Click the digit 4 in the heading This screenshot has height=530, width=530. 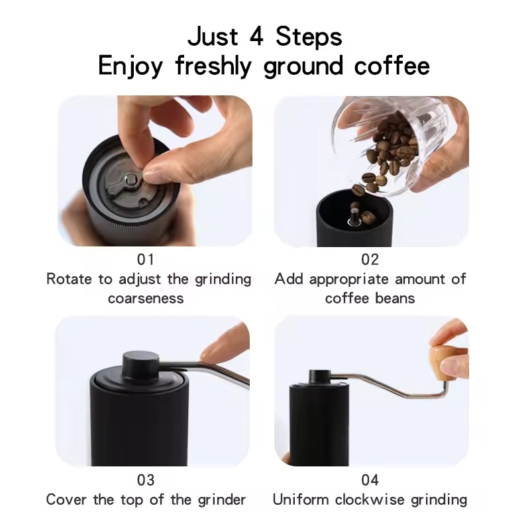(256, 36)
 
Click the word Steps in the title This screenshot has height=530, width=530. (309, 36)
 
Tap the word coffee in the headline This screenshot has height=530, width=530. (392, 66)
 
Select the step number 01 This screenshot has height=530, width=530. (146, 260)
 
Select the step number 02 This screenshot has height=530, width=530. (370, 260)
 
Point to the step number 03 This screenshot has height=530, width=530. (146, 480)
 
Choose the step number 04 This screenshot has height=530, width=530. (370, 480)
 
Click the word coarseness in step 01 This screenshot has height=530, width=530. (146, 299)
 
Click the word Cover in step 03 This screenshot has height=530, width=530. (66, 500)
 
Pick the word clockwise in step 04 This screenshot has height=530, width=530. (370, 500)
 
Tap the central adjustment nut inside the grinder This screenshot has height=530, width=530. (130, 178)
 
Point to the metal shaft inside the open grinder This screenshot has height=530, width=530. (354, 217)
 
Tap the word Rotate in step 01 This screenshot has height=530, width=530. (69, 279)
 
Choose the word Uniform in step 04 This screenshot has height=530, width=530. (301, 500)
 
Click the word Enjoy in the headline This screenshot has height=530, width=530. (131, 66)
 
